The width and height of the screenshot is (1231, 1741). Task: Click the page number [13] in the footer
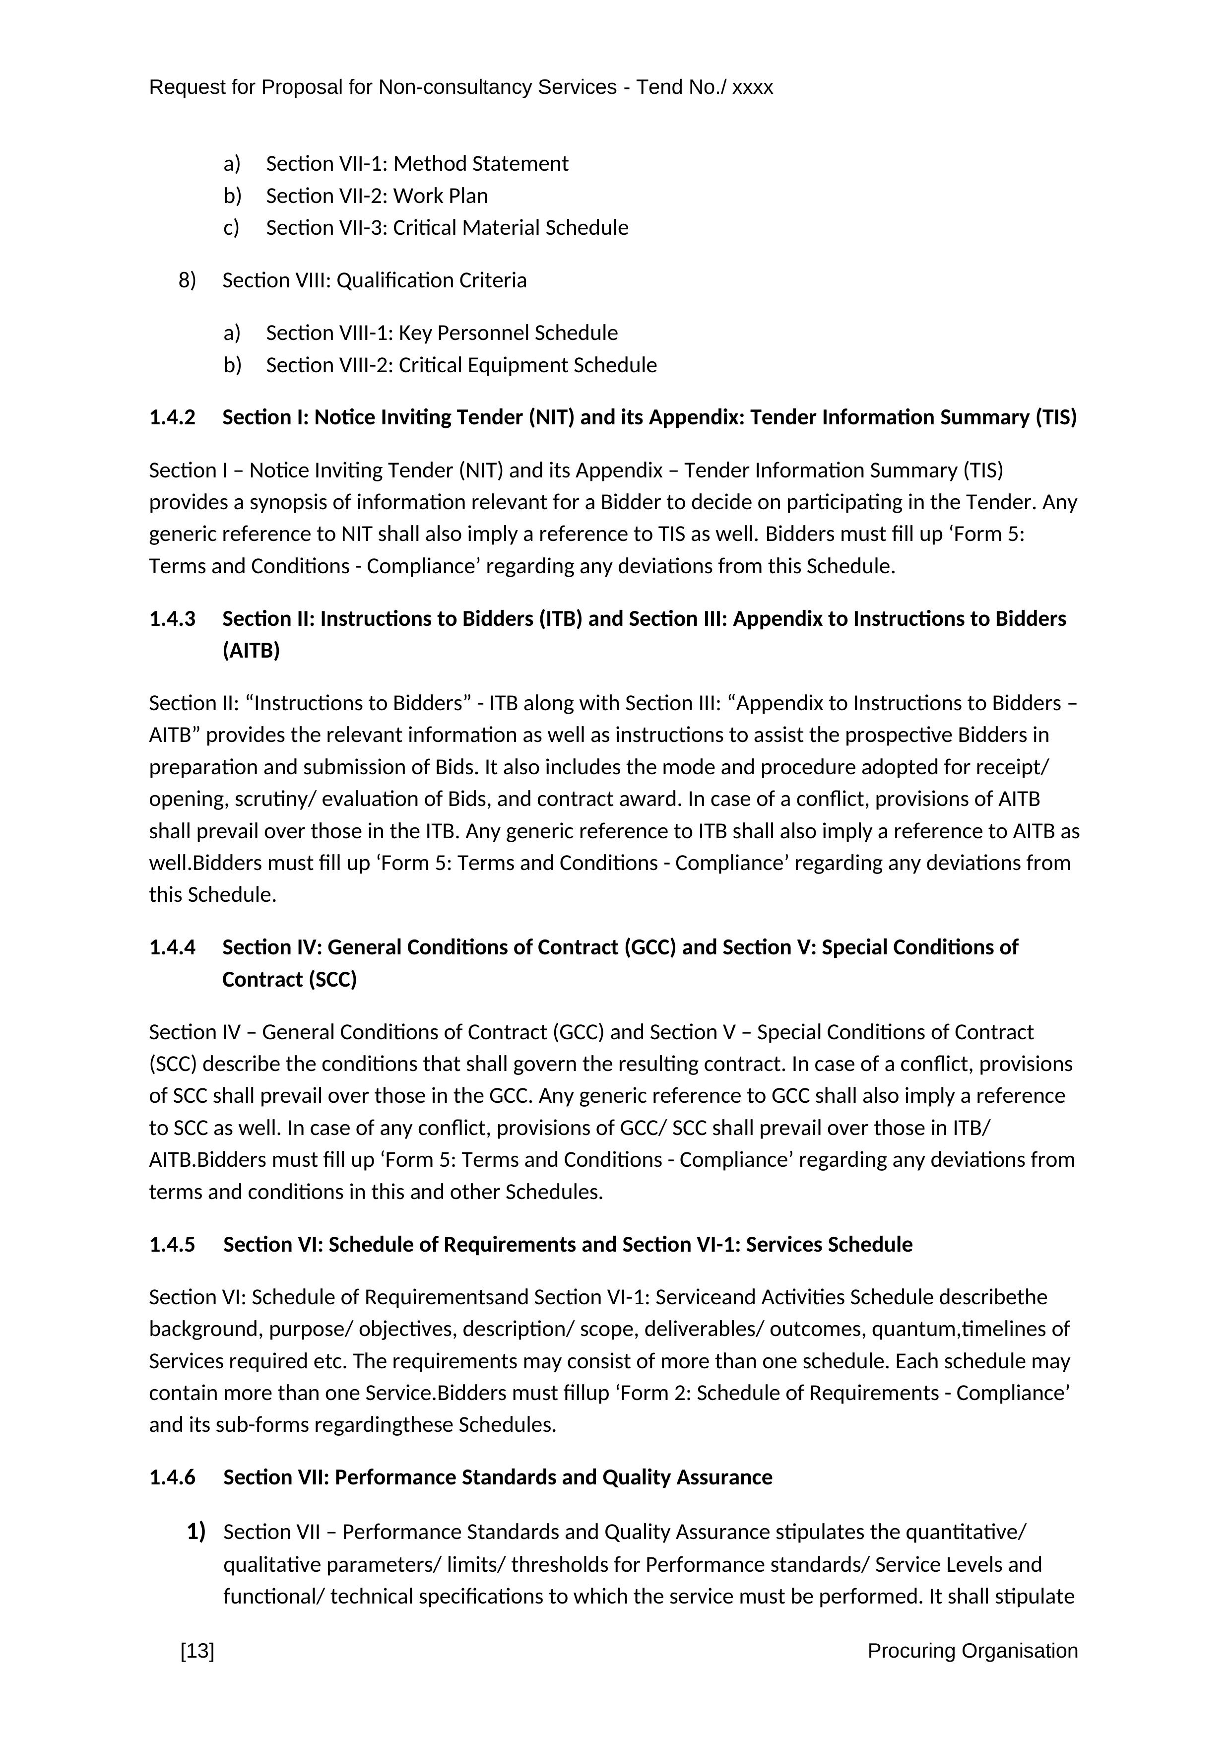(197, 1651)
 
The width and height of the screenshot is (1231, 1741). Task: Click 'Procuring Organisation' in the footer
(972, 1651)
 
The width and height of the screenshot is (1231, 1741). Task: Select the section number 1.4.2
(172, 418)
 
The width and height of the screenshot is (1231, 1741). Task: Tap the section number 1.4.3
(172, 619)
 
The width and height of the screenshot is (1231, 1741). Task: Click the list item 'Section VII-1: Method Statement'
(417, 164)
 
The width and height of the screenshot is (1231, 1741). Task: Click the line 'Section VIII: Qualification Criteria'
(375, 280)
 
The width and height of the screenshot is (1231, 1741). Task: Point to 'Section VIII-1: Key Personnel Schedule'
(442, 333)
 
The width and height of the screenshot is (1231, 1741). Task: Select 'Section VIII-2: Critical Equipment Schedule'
(461, 365)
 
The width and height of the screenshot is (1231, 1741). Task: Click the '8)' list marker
(187, 280)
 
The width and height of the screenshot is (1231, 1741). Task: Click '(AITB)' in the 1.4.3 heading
(251, 651)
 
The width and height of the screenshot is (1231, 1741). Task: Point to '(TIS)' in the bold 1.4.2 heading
(1056, 418)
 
